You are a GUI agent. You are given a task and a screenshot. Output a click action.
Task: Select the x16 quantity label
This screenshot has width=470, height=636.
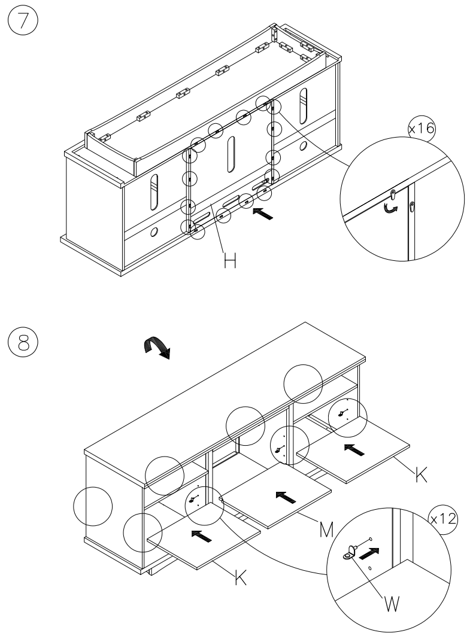[422, 129]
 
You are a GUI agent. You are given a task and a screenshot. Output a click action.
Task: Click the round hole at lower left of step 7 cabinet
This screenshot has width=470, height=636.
[154, 231]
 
